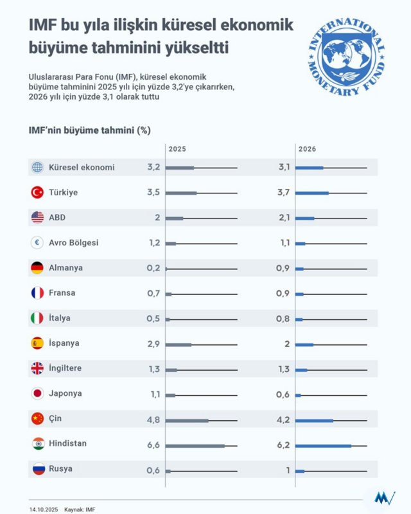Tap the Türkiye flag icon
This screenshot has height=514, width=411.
point(37,192)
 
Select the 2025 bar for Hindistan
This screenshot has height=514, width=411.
point(195,445)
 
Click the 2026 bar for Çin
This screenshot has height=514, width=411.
point(315,420)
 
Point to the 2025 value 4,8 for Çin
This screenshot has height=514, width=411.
point(153,419)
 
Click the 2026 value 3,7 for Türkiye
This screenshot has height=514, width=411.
point(283,192)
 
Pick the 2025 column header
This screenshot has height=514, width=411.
point(177,149)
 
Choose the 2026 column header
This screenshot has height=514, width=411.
point(307,149)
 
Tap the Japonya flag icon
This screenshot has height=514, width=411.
point(37,394)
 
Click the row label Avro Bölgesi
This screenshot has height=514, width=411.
point(74,243)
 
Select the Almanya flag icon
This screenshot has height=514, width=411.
point(37,268)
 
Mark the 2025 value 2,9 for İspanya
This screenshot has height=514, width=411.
point(153,344)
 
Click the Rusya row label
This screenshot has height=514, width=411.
point(60,469)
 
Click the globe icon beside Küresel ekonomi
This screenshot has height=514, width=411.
point(37,167)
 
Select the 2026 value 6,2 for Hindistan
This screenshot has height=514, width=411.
point(283,444)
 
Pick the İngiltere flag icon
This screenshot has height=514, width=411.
point(37,369)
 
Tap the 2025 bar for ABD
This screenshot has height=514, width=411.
point(175,218)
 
